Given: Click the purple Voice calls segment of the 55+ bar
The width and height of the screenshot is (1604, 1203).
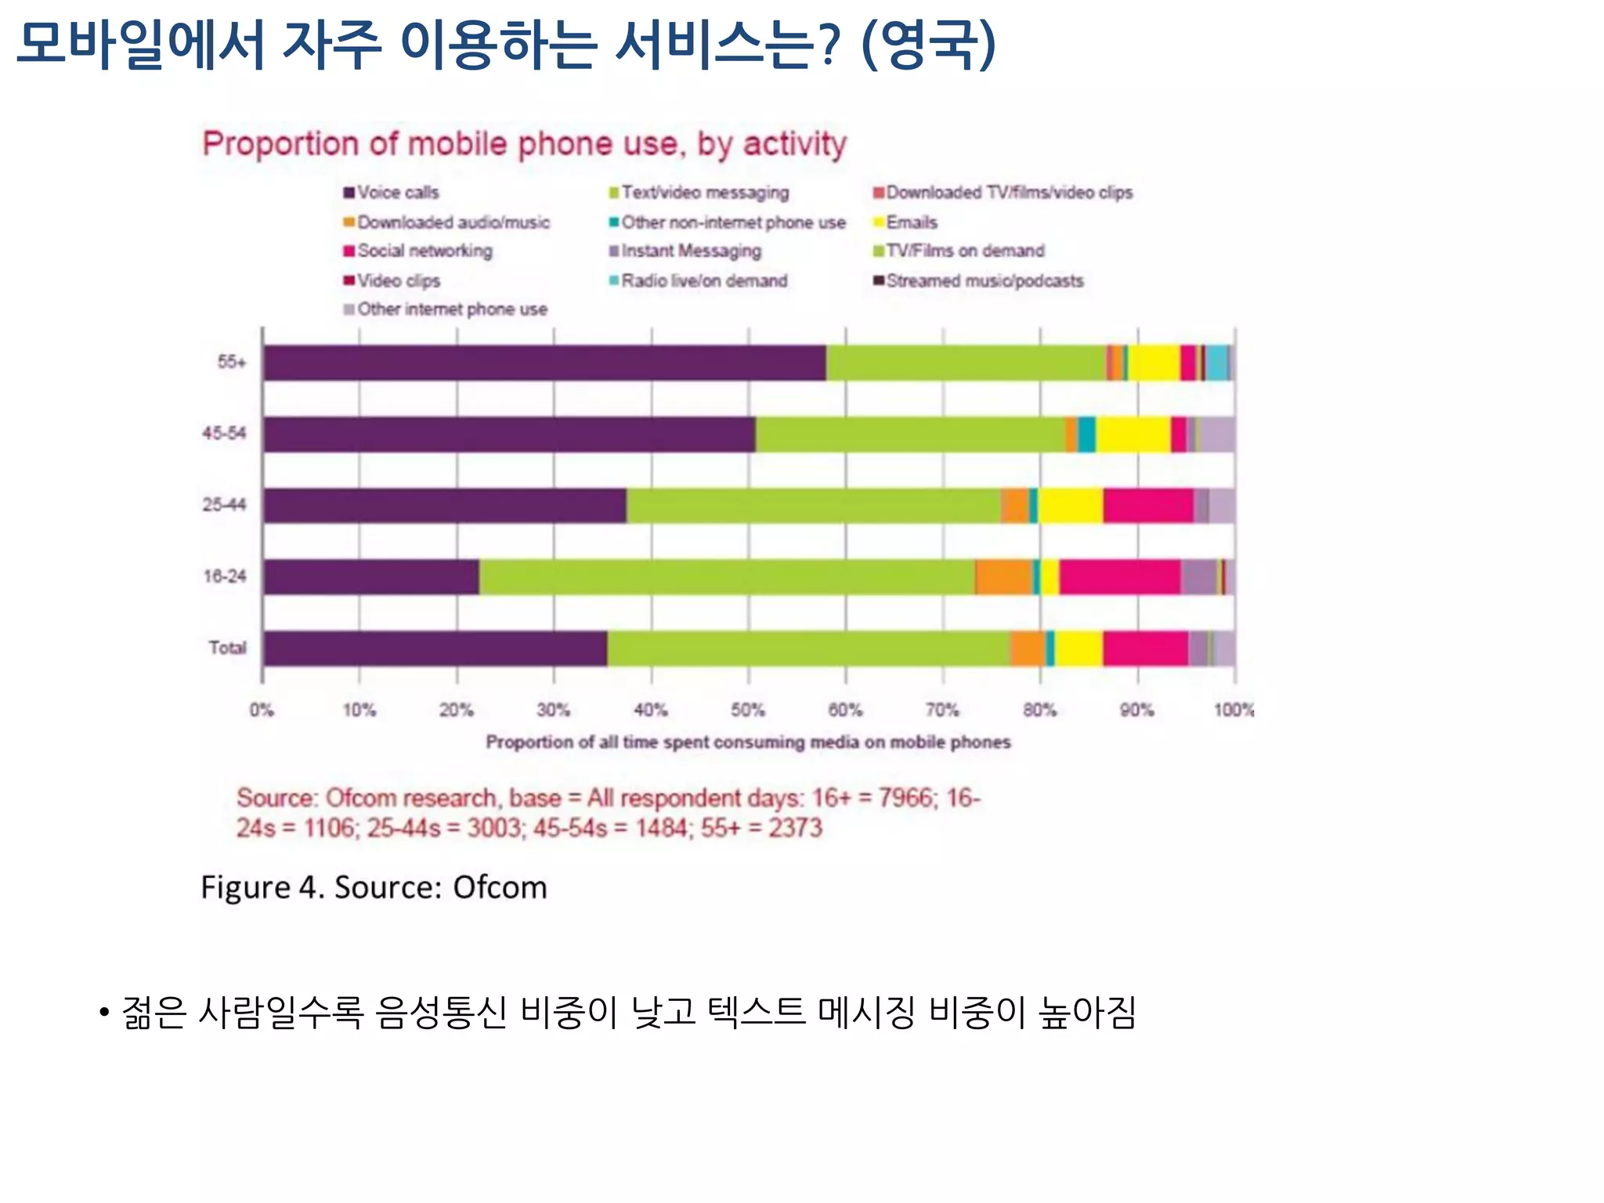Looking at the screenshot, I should (544, 363).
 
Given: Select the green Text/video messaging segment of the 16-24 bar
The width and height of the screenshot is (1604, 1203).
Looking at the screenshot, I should (727, 577).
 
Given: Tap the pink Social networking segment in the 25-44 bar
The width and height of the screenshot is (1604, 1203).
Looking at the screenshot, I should (1148, 505).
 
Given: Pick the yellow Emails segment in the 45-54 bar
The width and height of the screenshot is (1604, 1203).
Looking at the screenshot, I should (1133, 435).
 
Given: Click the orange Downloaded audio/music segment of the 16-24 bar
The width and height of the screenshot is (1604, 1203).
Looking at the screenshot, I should (1003, 577).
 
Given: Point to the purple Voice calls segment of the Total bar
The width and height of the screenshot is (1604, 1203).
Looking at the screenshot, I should (435, 648).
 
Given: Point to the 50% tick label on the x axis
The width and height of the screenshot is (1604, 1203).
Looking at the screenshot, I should (748, 710).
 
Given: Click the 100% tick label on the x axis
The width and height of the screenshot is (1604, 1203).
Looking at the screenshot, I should (1234, 710).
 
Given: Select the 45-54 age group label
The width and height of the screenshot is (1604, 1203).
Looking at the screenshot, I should (224, 433).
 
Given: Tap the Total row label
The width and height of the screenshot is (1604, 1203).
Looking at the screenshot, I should (227, 648).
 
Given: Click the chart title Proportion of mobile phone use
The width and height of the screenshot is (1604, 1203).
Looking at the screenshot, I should (524, 144).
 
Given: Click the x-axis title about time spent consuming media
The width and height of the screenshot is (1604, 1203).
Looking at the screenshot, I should (748, 742).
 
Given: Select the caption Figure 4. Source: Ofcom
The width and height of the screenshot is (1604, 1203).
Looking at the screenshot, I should (374, 887).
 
